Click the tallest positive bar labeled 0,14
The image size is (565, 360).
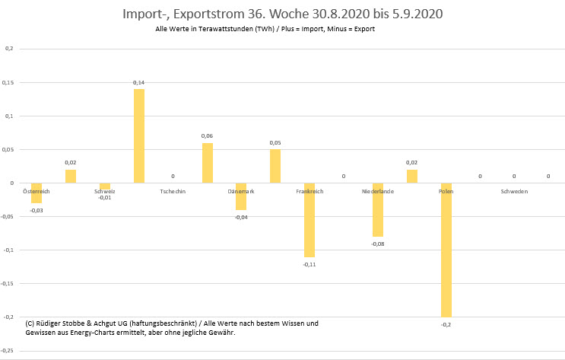[139, 136]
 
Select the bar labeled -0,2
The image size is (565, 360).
[446, 250]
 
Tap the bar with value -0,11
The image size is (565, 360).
[309, 220]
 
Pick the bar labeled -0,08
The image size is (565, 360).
[378, 210]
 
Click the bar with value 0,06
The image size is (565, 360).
[207, 163]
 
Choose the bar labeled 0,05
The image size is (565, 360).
[275, 166]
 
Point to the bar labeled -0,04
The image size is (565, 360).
[241, 196]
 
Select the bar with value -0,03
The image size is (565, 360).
[37, 193]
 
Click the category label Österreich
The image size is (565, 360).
[37, 191]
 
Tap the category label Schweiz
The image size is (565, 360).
[105, 192]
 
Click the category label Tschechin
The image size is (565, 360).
[173, 192]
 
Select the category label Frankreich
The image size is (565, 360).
[309, 192]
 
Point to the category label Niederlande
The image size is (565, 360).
[378, 192]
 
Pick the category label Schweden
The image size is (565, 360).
[514, 192]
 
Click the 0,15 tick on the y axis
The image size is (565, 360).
[8, 82]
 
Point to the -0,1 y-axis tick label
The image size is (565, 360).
[8, 250]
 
